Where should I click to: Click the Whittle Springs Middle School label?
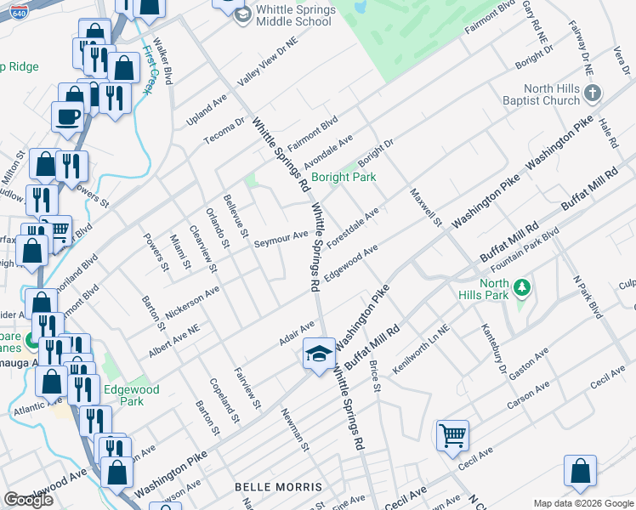click(294, 15)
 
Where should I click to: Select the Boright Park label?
click(344, 178)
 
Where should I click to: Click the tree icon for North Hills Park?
click(524, 289)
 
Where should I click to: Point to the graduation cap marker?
click(319, 354)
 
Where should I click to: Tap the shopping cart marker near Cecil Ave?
click(452, 435)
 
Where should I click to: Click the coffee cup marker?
click(67, 116)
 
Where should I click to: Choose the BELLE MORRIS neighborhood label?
click(278, 487)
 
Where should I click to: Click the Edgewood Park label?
click(131, 395)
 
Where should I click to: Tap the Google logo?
click(29, 500)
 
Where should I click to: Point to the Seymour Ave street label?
click(281, 239)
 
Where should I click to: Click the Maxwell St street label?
click(426, 208)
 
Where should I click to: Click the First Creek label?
click(151, 68)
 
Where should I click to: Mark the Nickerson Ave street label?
click(193, 303)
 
